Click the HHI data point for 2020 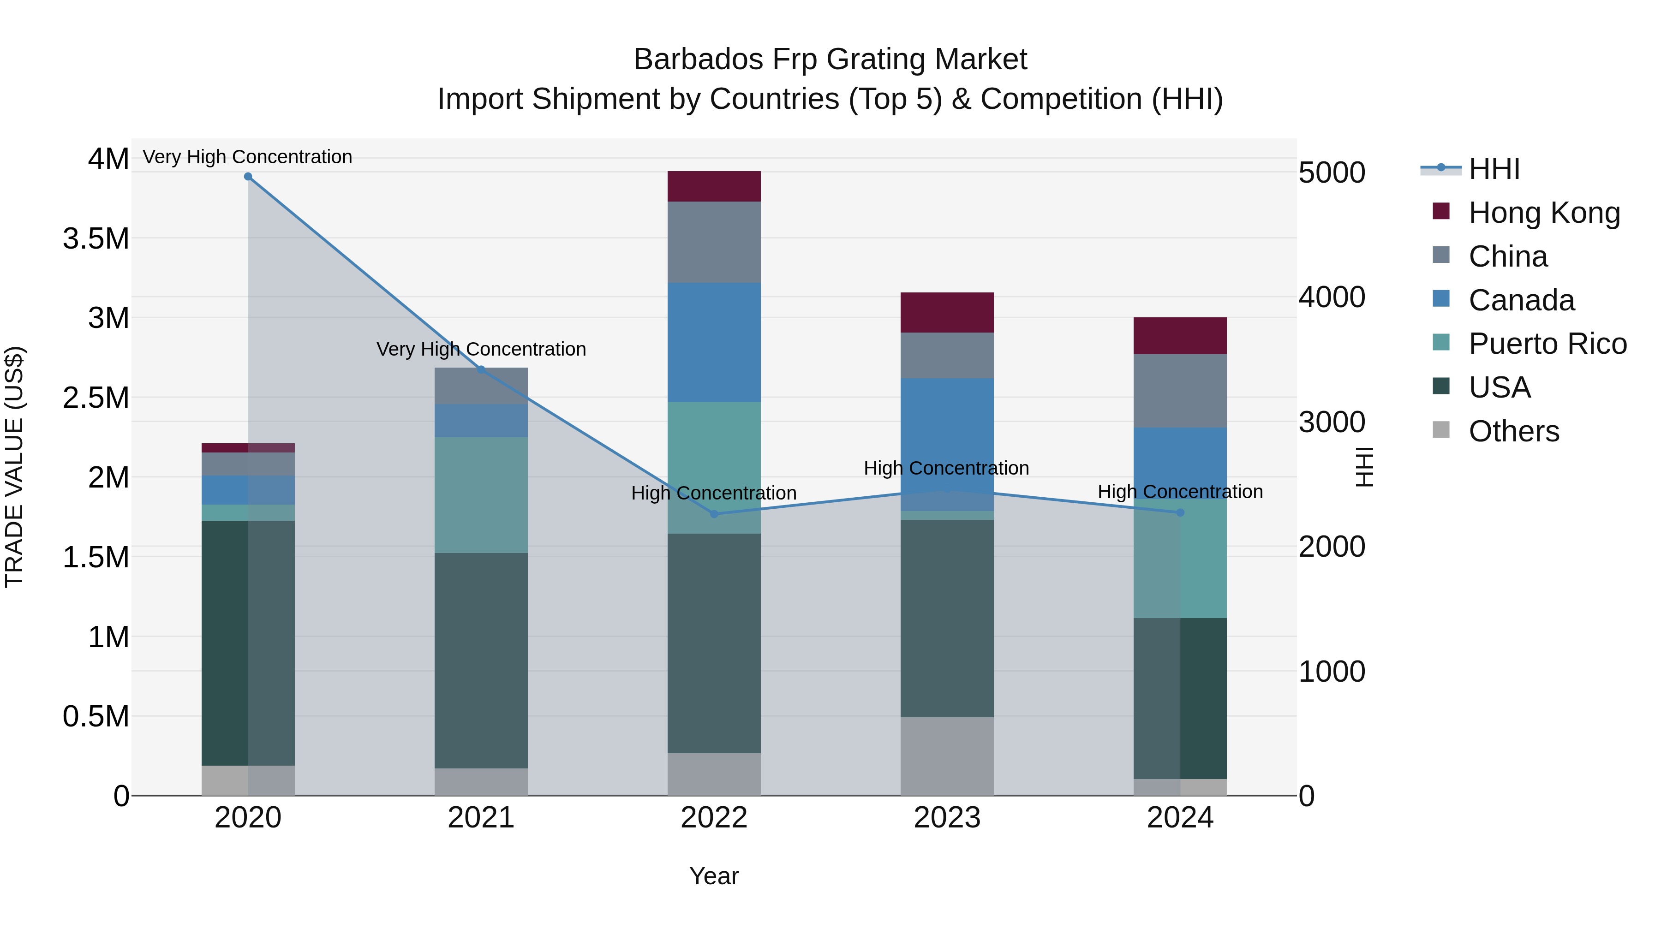pos(248,177)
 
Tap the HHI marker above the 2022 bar pos(714,514)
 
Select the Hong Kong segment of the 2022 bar pos(714,186)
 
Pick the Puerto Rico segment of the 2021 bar pos(481,494)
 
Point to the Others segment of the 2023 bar pos(947,756)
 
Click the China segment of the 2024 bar pos(1180,391)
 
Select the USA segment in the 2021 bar pos(481,660)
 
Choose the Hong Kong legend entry pos(1544,213)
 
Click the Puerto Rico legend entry pos(1547,344)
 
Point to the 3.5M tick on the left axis pos(96,238)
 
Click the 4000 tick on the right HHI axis pos(1332,297)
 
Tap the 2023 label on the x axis pos(947,818)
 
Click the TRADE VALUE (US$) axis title pos(15,467)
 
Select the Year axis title pos(714,876)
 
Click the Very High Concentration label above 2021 pos(481,349)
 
